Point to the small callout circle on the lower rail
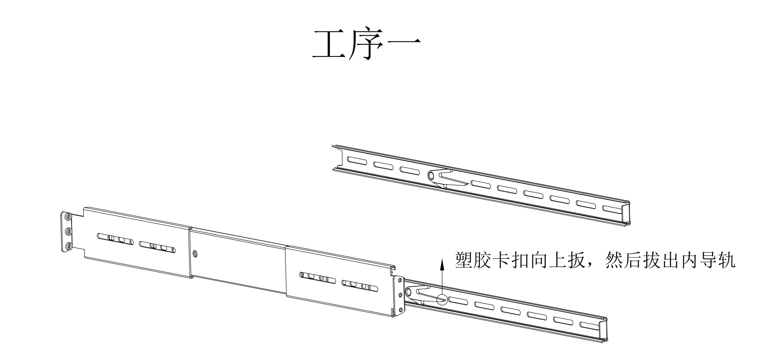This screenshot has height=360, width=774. tap(442, 299)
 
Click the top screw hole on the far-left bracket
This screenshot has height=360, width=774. tap(68, 218)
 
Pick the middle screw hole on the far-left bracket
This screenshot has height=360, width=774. tap(68, 232)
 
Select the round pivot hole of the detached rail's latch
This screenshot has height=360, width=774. tap(432, 175)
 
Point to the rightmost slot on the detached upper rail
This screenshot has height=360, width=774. tap(611, 210)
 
